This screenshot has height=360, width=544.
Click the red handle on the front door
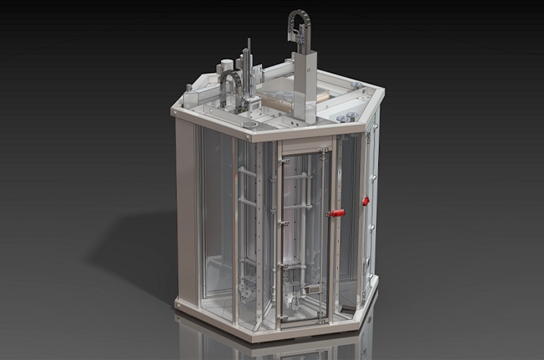[336, 213]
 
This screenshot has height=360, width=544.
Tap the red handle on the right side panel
[365, 201]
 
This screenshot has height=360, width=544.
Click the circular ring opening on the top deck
[249, 125]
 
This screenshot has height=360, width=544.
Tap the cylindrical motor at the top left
[225, 67]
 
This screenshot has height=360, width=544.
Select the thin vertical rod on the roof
[248, 67]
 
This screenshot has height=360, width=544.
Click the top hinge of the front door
[323, 151]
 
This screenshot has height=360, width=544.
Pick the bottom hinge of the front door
[321, 316]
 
